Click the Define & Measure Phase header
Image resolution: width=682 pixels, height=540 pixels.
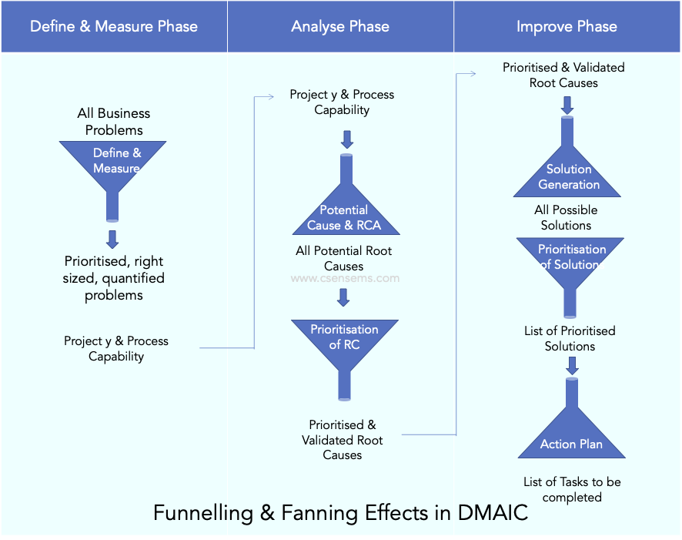(114, 26)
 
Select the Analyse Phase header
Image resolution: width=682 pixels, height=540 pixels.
(340, 26)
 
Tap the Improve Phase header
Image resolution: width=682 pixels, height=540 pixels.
(567, 26)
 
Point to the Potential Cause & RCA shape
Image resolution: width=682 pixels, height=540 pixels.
(343, 215)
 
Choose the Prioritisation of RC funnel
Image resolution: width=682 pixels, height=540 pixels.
(343, 338)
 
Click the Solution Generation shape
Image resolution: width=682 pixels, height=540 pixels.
(568, 176)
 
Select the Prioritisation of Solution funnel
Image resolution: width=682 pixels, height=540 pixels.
(570, 259)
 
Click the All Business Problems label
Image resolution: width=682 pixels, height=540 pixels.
(114, 122)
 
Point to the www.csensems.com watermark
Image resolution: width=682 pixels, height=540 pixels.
(345, 279)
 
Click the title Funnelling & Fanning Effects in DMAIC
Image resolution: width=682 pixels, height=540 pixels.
(340, 513)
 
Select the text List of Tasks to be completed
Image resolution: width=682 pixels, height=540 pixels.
(572, 489)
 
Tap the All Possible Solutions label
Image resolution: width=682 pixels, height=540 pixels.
(566, 217)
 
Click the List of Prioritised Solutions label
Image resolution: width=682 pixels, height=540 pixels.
(570, 338)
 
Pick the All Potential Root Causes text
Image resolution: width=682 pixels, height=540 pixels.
(343, 258)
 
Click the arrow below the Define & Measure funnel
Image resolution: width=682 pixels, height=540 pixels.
(113, 237)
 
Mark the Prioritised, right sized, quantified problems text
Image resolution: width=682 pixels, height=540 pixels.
(113, 278)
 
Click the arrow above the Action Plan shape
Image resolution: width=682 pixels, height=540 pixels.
(572, 365)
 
